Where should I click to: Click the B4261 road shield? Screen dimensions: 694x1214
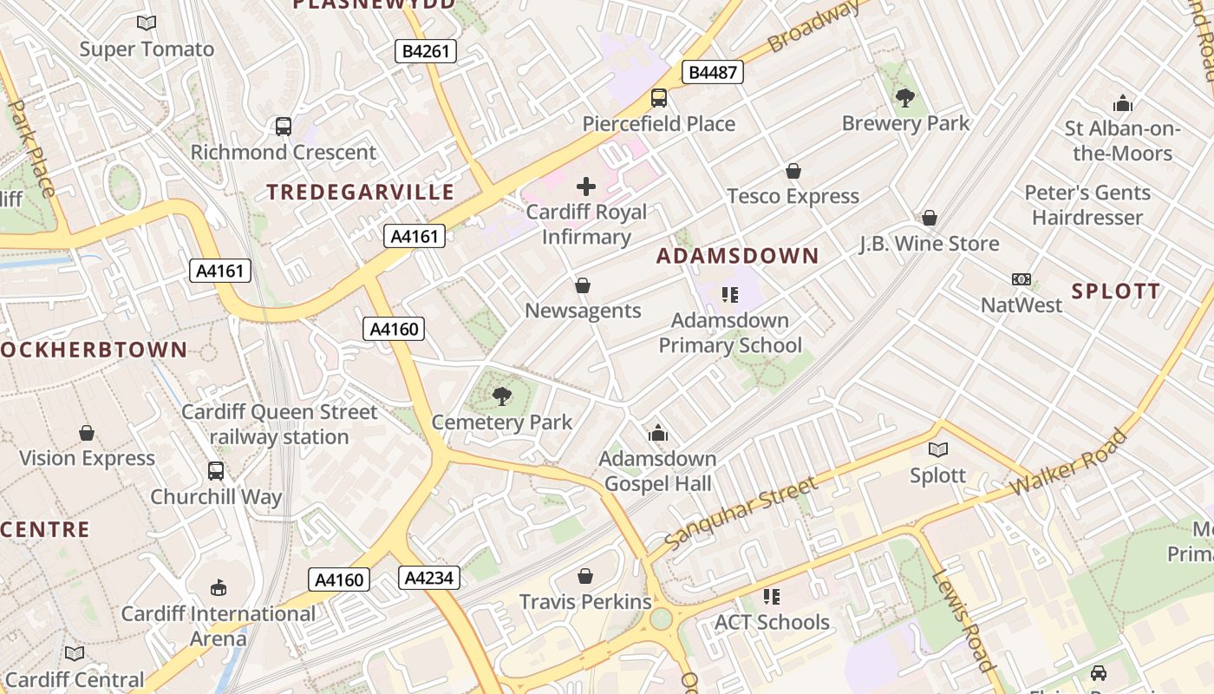[426, 51]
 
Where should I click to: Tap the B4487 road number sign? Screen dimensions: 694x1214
[713, 72]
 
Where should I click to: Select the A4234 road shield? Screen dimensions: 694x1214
[429, 577]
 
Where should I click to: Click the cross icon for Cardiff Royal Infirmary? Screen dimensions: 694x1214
[586, 186]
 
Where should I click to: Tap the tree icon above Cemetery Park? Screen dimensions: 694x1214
[501, 396]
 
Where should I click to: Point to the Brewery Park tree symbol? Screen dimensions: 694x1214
[905, 97]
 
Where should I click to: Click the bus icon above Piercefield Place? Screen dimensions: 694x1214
[659, 98]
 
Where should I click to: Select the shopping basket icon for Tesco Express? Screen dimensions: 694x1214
[793, 171]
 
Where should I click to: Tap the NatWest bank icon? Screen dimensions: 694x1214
[1021, 279]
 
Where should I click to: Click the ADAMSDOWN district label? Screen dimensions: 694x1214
[737, 256]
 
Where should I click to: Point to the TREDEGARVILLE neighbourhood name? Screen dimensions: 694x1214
[360, 192]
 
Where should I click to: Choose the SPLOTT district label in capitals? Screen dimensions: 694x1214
[1115, 291]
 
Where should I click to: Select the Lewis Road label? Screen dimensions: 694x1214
[963, 620]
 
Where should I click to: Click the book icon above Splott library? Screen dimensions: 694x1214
[937, 449]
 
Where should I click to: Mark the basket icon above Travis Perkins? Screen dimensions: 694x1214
[585, 576]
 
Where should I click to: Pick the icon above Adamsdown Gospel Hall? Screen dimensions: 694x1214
[658, 432]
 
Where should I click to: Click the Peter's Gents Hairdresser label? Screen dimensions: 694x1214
[1087, 205]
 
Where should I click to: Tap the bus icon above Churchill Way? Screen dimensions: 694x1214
[216, 471]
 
